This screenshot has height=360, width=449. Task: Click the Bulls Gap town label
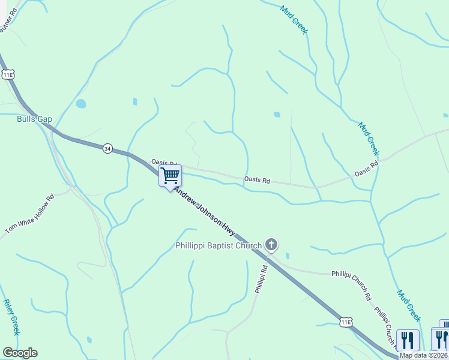(x=34, y=119)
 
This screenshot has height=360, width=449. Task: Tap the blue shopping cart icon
(x=170, y=175)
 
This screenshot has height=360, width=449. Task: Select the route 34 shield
(x=107, y=148)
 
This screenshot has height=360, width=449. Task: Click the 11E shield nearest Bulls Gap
(x=8, y=74)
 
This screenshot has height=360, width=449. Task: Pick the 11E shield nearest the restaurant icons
(x=346, y=322)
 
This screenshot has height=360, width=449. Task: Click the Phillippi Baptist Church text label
(x=218, y=245)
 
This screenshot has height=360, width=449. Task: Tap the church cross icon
(x=271, y=244)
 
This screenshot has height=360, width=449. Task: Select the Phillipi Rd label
(x=259, y=280)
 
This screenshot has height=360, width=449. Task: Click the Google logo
(x=20, y=353)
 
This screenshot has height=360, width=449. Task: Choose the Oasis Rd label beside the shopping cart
(x=163, y=163)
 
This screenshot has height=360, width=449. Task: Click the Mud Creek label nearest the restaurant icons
(x=408, y=305)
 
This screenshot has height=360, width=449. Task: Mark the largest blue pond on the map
(x=80, y=104)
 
